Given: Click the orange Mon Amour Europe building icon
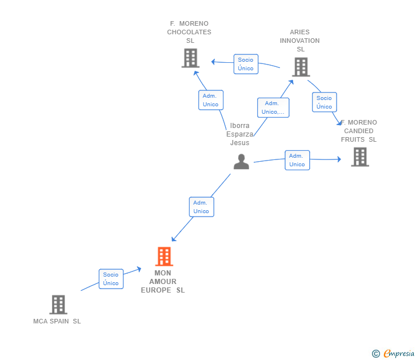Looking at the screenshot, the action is (164, 256).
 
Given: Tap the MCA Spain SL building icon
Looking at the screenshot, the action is (58, 305).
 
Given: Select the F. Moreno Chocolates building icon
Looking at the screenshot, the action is (190, 58).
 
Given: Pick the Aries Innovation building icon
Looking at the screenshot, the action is (301, 67).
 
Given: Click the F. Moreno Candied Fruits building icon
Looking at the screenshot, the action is (360, 157).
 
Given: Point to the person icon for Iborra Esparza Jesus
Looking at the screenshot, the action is (241, 161).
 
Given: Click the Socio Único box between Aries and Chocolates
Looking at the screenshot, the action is (246, 64).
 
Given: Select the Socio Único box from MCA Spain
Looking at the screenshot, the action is (111, 279).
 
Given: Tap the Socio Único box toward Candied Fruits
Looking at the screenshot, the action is (325, 102).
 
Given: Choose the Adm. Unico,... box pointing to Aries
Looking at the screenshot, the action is (273, 107).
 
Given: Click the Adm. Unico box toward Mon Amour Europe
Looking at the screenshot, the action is (202, 207).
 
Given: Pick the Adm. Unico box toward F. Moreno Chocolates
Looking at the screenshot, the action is (211, 100).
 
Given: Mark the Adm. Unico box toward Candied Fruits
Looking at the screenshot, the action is (297, 160).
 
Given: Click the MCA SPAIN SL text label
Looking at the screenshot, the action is (57, 321).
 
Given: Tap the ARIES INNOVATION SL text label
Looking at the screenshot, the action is (300, 41).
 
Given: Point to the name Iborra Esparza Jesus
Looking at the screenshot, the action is (239, 134).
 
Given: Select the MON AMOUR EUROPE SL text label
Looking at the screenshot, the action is (163, 282).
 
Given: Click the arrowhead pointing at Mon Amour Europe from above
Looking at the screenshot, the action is (174, 239).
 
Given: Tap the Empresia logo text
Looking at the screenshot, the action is (399, 353).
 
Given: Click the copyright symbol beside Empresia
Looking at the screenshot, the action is (376, 354).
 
